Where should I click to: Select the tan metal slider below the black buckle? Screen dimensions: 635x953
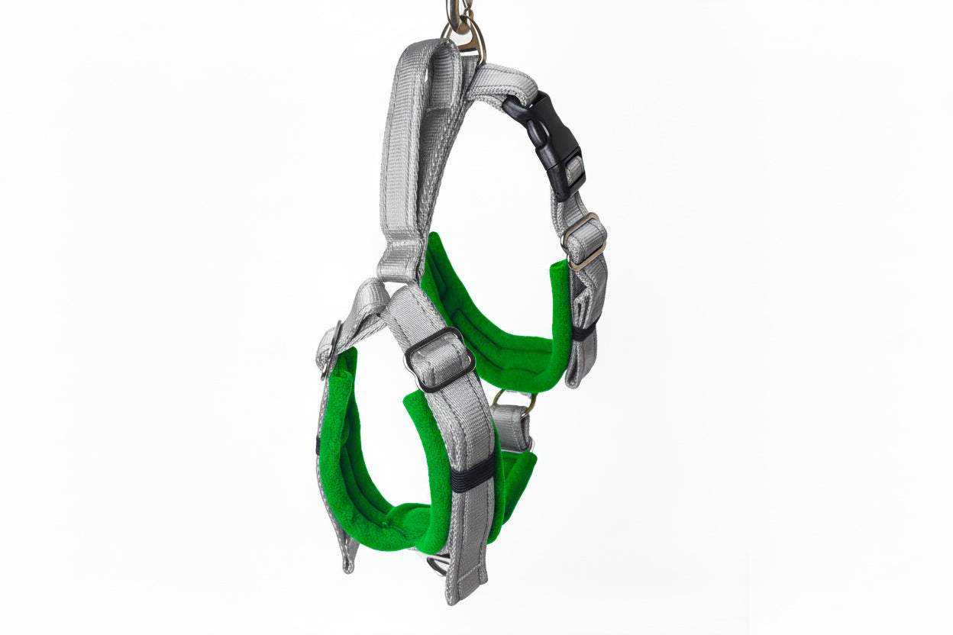pyautogui.click(x=584, y=240)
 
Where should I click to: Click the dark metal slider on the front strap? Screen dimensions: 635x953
pyautogui.click(x=438, y=359)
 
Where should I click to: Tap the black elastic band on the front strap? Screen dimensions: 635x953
pyautogui.click(x=472, y=478)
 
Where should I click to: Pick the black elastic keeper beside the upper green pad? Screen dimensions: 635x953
pyautogui.click(x=584, y=331)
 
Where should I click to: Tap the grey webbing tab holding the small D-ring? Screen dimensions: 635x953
pyautogui.click(x=512, y=427)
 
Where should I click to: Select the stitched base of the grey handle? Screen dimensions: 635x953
pyautogui.click(x=400, y=259)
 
